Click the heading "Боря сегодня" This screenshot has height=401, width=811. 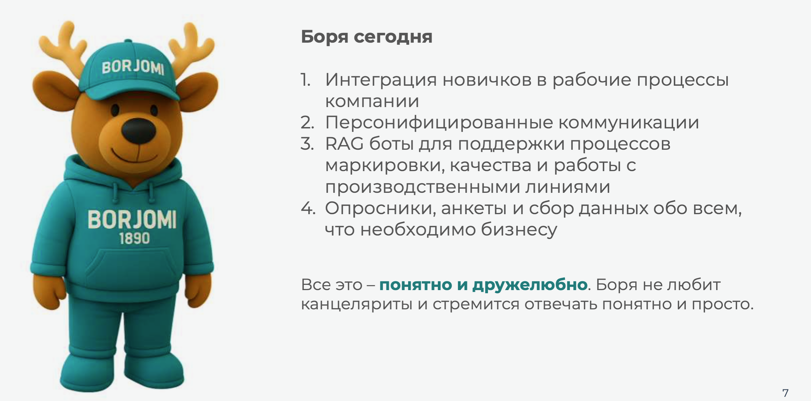tap(366, 37)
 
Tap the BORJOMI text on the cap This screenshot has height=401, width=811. tap(133, 67)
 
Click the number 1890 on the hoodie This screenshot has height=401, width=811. tap(134, 239)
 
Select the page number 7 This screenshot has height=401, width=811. tap(785, 393)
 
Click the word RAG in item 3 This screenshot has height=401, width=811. tap(344, 144)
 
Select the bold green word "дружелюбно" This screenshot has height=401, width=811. tap(530, 285)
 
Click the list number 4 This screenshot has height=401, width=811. tap(308, 209)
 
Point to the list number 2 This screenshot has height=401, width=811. tap(307, 123)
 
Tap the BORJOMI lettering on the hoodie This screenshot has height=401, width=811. tap(132, 219)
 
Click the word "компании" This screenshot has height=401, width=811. tap(372, 101)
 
